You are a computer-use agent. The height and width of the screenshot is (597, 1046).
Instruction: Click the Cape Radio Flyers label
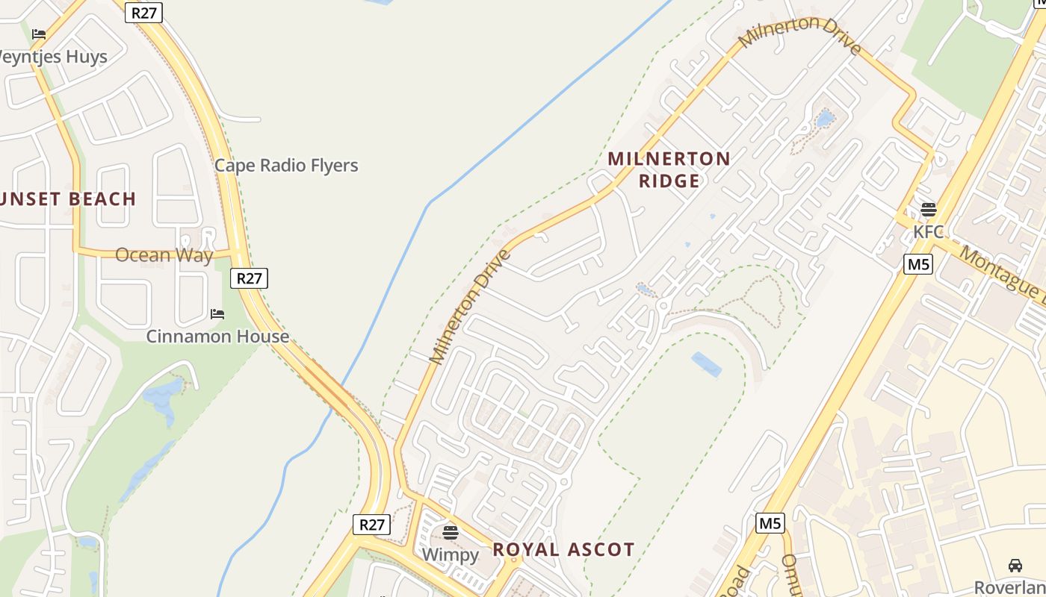286,166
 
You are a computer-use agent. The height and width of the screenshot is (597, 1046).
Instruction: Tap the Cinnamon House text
217,336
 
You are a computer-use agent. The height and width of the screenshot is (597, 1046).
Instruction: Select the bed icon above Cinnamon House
217,314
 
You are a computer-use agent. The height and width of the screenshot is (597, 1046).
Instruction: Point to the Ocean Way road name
164,255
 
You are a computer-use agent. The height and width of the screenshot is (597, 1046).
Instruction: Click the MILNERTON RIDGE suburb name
669,169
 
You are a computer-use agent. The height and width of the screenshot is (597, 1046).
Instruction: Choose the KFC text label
929,231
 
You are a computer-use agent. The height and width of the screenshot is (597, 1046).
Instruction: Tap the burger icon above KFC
929,209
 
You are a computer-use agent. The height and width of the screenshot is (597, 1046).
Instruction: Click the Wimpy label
450,554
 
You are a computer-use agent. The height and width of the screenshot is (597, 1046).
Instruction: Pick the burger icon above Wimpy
450,532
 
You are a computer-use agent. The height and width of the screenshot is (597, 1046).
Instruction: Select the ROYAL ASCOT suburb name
563,550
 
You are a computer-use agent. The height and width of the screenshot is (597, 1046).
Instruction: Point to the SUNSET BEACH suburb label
67,199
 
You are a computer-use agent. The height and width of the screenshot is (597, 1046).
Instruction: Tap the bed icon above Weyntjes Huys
39,34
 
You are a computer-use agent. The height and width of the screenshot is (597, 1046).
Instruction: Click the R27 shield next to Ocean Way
249,278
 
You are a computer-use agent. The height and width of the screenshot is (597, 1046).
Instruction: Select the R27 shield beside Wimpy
371,525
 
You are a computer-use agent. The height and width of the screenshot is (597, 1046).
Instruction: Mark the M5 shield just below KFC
917,263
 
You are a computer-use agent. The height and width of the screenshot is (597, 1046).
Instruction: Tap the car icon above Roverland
1015,565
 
